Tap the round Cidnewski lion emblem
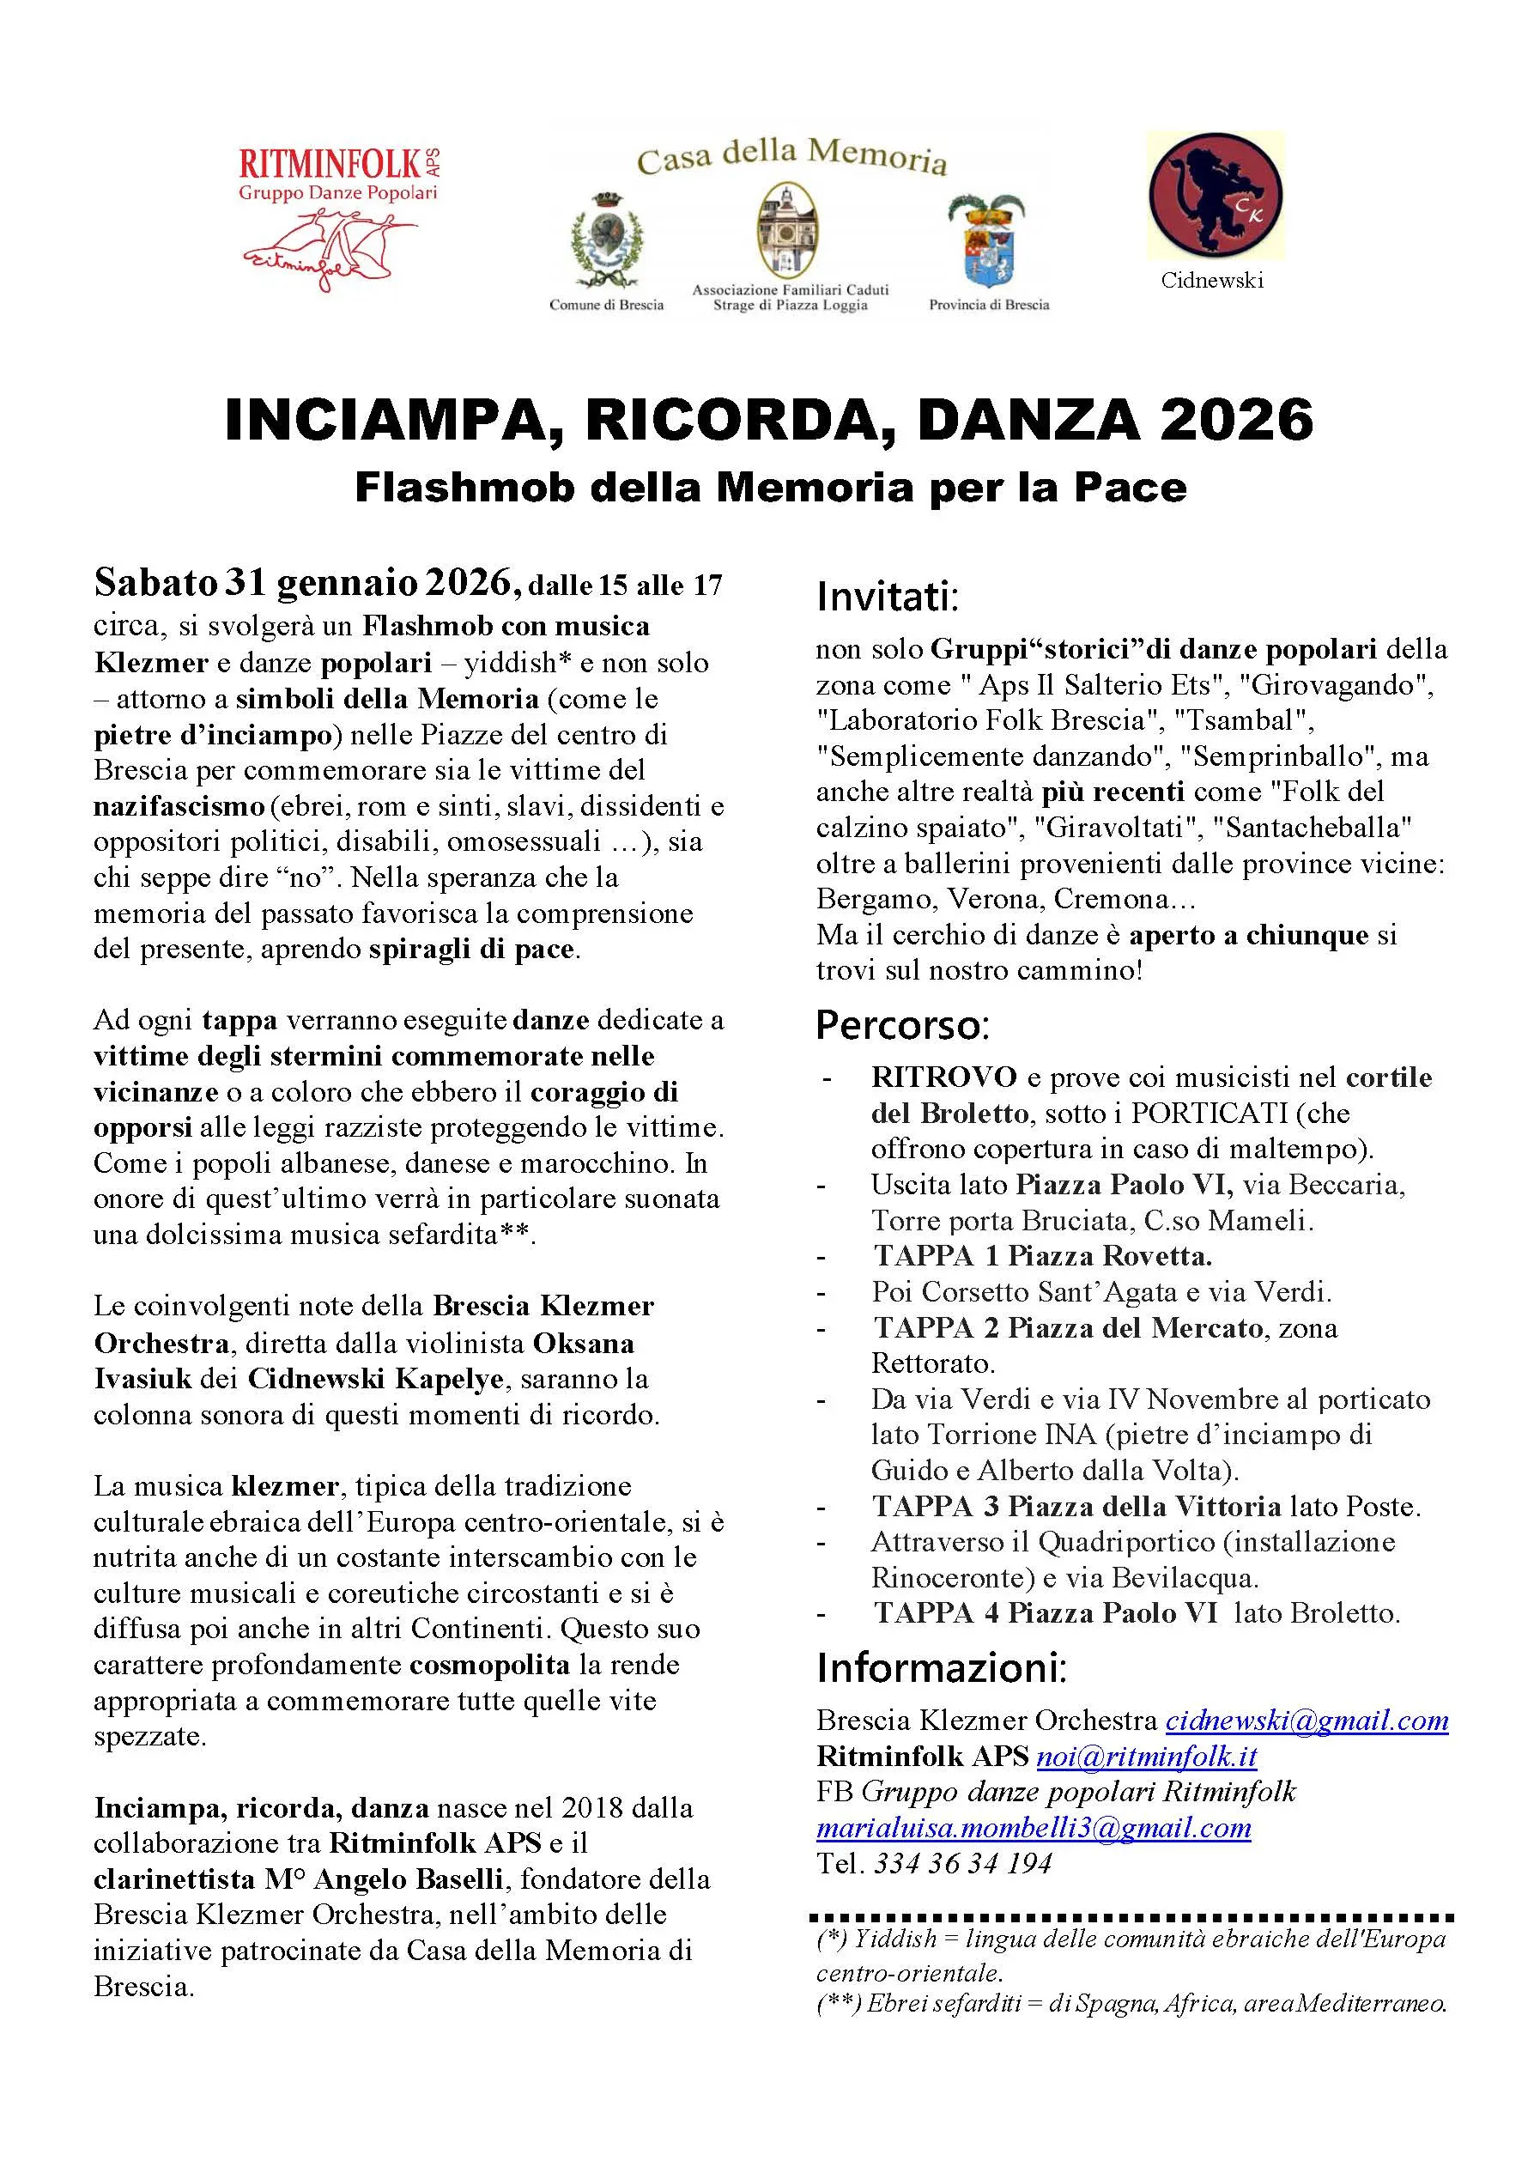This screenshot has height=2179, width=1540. pos(1216,196)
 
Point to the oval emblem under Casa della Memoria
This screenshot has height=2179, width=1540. pos(789,231)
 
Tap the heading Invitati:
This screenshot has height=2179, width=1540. pos(888,597)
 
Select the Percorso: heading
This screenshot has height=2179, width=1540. pos(902,1025)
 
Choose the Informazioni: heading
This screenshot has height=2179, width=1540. pos(942,1667)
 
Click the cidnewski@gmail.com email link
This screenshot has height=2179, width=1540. pos(1306,1720)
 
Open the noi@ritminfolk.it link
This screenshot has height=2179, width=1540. pos(1145,1756)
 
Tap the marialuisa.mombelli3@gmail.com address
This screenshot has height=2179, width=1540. pos(1034,1827)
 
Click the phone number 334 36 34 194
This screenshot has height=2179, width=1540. pos(962,1863)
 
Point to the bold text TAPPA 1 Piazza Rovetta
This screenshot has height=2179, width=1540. pos(1042,1255)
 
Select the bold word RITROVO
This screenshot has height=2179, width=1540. pos(943,1077)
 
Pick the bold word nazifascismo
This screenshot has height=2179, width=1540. pos(179,805)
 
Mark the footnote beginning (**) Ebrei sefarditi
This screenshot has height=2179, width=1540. pos(1131,2004)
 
